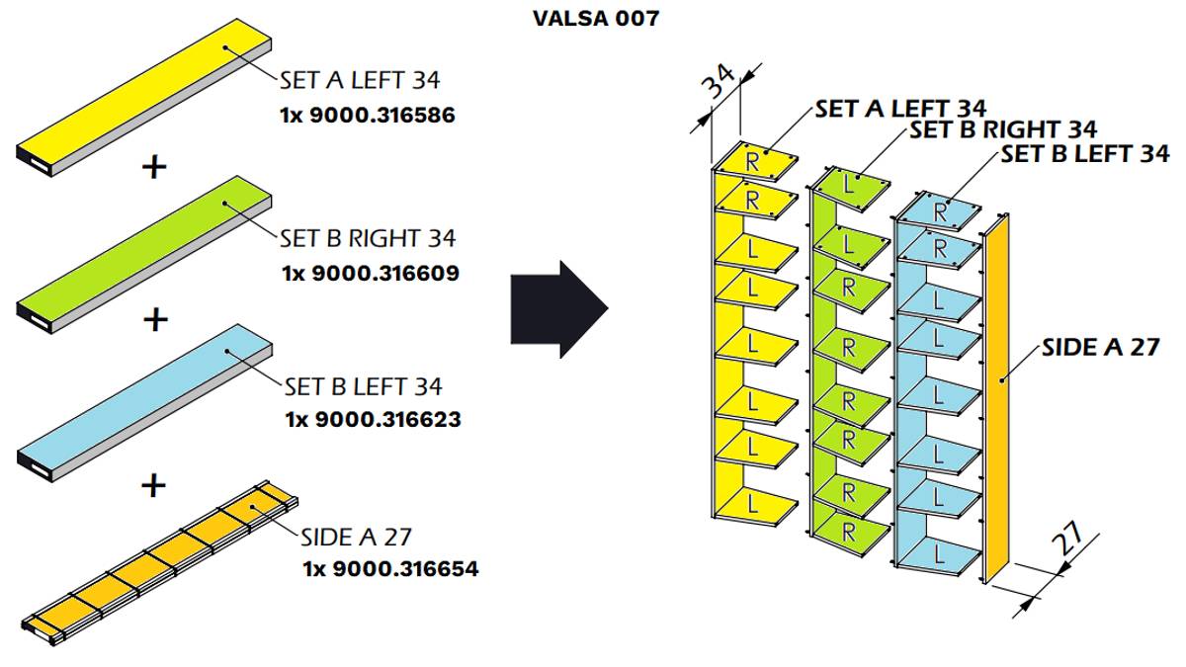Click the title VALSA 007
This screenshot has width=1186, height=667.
click(x=595, y=19)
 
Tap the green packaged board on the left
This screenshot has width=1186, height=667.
click(x=148, y=252)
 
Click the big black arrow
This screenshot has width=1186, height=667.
click(x=557, y=308)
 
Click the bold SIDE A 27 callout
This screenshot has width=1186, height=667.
click(x=1100, y=348)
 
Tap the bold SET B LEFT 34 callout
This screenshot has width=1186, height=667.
click(x=1084, y=154)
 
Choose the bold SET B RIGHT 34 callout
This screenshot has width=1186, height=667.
click(x=1002, y=129)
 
